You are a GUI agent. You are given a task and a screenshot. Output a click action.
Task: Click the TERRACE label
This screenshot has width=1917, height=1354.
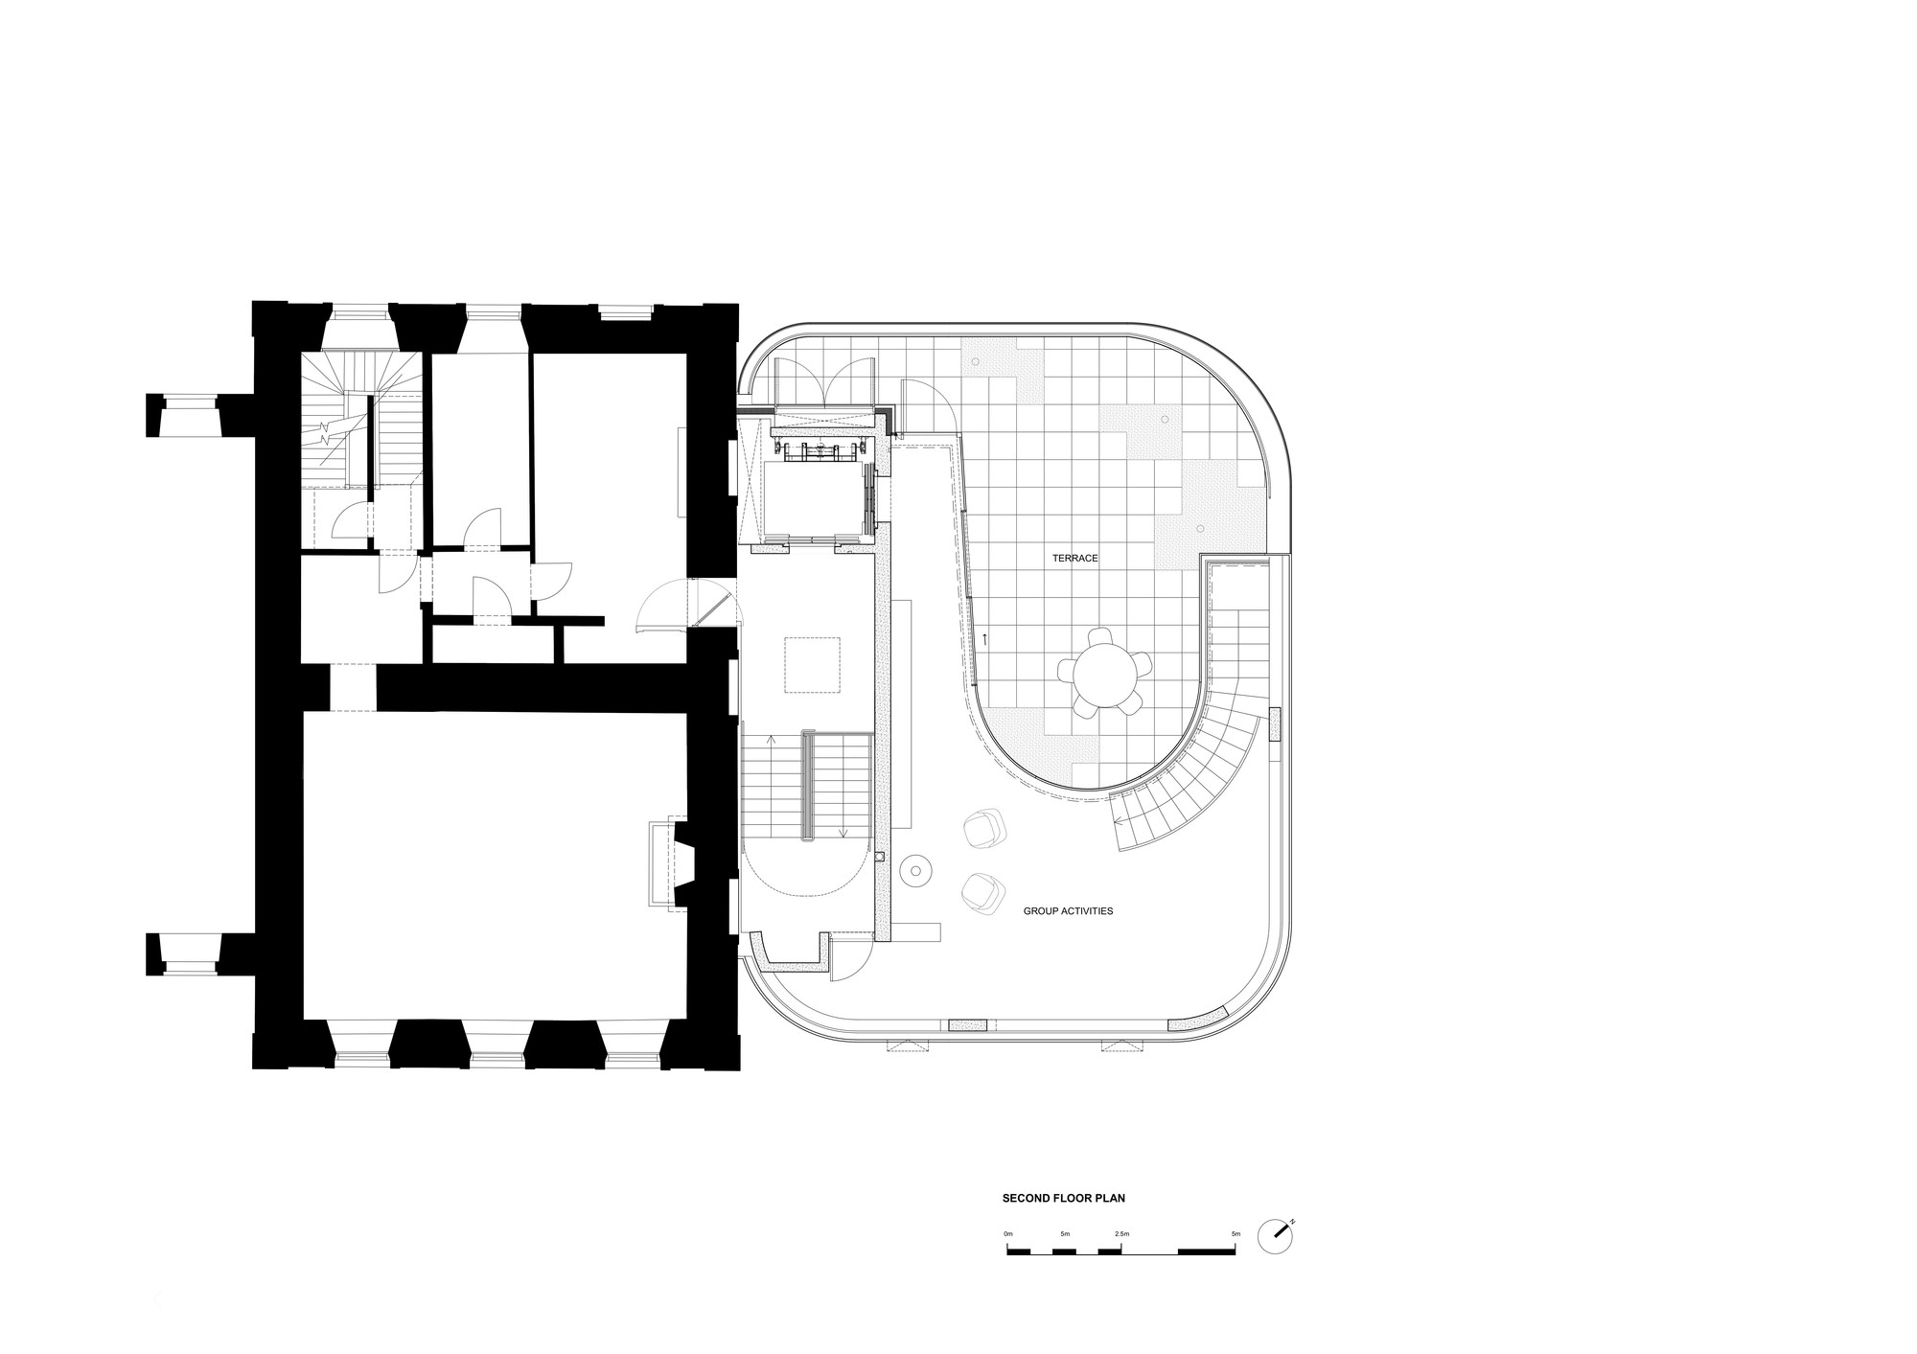1074,558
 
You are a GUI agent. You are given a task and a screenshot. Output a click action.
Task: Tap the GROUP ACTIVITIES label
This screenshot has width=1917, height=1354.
1068,911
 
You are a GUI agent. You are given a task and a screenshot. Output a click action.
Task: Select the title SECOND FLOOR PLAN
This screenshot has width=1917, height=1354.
1063,1198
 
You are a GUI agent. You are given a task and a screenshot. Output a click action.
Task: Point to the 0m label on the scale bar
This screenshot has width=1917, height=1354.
1007,1233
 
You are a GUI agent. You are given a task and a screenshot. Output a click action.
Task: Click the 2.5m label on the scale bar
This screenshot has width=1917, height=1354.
1121,1233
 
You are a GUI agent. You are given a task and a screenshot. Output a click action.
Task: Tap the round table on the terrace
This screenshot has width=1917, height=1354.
1102,672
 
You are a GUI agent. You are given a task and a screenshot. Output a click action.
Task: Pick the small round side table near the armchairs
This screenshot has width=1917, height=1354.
915,870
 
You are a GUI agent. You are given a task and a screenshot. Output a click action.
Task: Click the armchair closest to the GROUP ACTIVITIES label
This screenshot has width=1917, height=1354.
982,891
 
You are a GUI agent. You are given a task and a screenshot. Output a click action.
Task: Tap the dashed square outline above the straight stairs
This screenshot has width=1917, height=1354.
812,664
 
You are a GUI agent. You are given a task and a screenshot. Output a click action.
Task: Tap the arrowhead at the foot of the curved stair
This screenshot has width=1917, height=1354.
1118,819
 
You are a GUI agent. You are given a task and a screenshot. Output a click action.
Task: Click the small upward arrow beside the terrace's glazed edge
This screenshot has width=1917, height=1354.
983,636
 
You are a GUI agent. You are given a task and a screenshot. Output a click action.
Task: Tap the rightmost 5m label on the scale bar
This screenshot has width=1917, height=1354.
1235,1233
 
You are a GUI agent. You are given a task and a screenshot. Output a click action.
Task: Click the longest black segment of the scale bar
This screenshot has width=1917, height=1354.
1206,1251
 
